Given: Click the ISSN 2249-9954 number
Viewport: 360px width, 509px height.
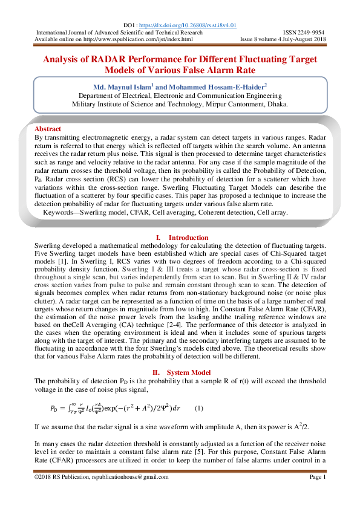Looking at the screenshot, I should [x=304, y=32].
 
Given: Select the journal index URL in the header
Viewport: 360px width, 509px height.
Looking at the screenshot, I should [x=137, y=39].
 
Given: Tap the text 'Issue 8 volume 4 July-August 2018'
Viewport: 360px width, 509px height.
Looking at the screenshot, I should [x=284, y=39].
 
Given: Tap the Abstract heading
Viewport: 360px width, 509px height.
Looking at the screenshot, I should [x=48, y=129].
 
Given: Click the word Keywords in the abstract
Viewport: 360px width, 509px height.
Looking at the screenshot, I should [x=67, y=213].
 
